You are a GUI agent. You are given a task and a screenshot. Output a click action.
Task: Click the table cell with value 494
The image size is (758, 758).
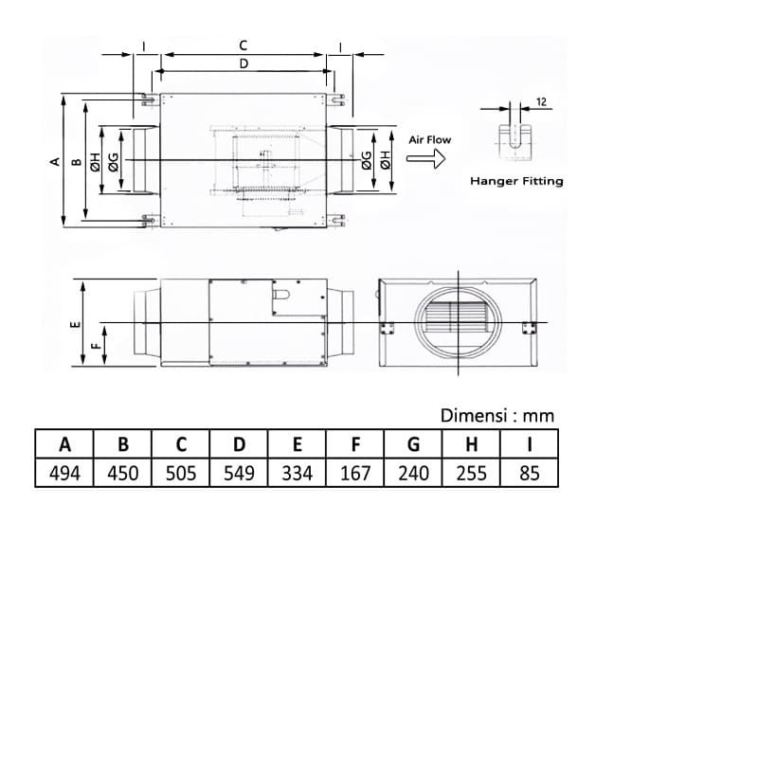coord(64,473)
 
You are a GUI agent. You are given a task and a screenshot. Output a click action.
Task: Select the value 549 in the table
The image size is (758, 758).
coord(239,473)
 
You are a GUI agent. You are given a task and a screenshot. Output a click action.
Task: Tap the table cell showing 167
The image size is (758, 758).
coord(355,473)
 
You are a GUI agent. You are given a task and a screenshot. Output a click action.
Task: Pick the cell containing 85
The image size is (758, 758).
coord(530,473)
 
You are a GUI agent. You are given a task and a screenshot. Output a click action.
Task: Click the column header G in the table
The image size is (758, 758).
coord(413,444)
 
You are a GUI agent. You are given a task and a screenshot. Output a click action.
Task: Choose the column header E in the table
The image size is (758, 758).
coord(297,444)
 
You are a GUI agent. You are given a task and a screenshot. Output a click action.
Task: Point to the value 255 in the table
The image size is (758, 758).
coord(471,473)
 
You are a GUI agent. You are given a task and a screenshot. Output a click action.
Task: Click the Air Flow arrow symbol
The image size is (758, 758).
coord(425,158)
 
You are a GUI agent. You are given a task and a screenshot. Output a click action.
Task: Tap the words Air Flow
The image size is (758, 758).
coord(430,140)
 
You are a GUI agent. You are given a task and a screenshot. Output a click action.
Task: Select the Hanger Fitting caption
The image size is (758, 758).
coord(516,181)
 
